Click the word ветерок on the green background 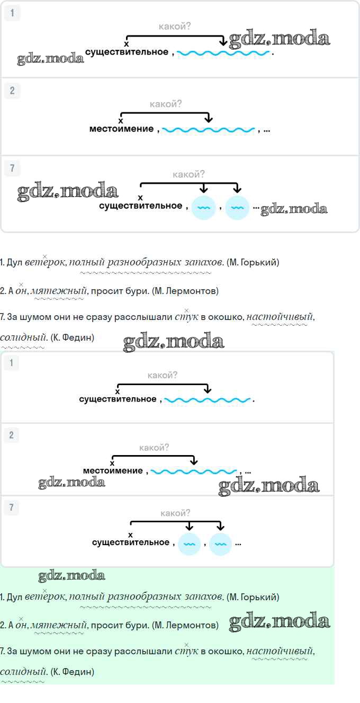44,597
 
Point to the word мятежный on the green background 59,626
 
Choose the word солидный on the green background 23,672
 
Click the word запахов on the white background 204,262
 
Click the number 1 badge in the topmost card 12,14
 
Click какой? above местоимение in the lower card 154,448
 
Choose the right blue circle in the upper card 237,208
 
